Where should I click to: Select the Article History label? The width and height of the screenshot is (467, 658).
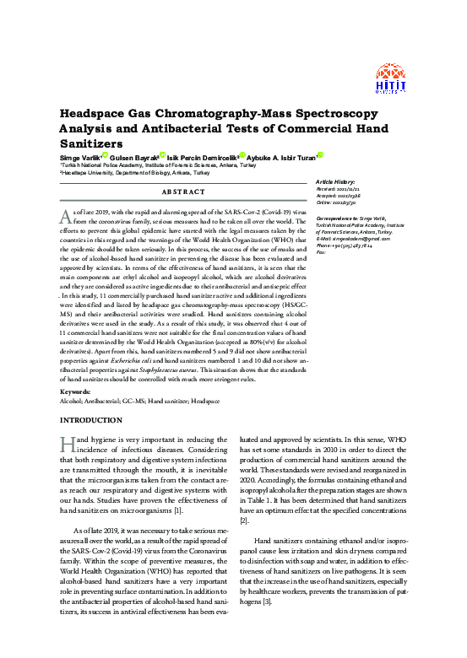point(335,182)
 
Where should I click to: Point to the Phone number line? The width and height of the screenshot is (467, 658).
point(346,245)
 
